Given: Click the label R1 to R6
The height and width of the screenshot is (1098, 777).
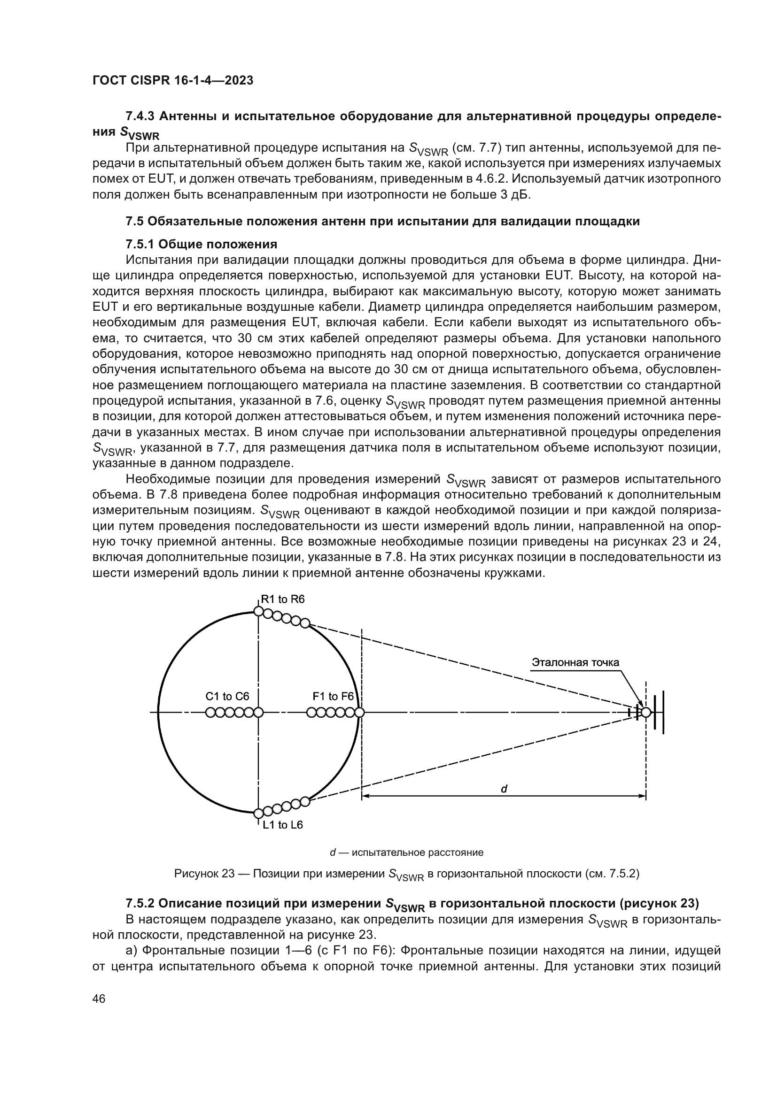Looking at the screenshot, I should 282,599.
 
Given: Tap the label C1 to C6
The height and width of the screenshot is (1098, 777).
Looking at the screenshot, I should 227,696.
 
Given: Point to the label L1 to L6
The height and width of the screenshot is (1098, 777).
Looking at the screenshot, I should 282,825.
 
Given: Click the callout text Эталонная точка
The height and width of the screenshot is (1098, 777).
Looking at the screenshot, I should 575,662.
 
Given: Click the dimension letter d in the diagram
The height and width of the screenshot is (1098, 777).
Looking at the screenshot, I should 504,790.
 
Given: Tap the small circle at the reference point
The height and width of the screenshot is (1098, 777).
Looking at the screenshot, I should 646,713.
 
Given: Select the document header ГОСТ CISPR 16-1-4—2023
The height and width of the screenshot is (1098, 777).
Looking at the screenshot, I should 173,81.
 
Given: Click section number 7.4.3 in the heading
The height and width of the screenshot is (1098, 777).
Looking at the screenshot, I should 140,116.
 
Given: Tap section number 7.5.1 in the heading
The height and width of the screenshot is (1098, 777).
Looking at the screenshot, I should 140,245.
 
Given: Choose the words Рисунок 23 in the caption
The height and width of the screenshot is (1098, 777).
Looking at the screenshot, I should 204,874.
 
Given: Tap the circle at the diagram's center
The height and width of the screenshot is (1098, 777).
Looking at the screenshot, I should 258,713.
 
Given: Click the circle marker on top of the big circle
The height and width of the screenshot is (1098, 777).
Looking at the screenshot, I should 258,611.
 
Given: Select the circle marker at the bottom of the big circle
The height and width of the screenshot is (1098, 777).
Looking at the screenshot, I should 258,814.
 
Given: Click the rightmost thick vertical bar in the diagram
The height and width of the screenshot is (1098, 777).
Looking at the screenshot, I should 663,712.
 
